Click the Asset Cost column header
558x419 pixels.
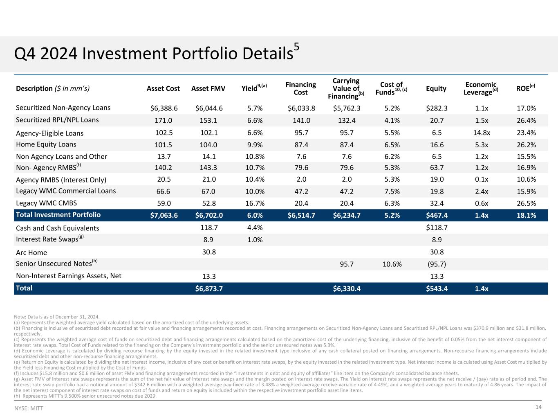[164, 88]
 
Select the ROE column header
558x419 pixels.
[526, 88]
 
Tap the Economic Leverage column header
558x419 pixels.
[481, 88]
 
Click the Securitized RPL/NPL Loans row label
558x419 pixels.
[57, 120]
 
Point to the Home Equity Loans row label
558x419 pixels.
[46, 144]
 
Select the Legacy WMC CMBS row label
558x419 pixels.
[46, 203]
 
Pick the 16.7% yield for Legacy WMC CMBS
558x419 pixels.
[255, 203]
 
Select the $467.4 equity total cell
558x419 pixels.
[436, 216]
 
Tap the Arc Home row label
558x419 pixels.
[31, 252]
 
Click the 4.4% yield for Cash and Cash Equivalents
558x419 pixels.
[255, 228]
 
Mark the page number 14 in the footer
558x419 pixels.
[538, 407]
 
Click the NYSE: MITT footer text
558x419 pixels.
[29, 408]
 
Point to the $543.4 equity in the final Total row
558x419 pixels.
[436, 289]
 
